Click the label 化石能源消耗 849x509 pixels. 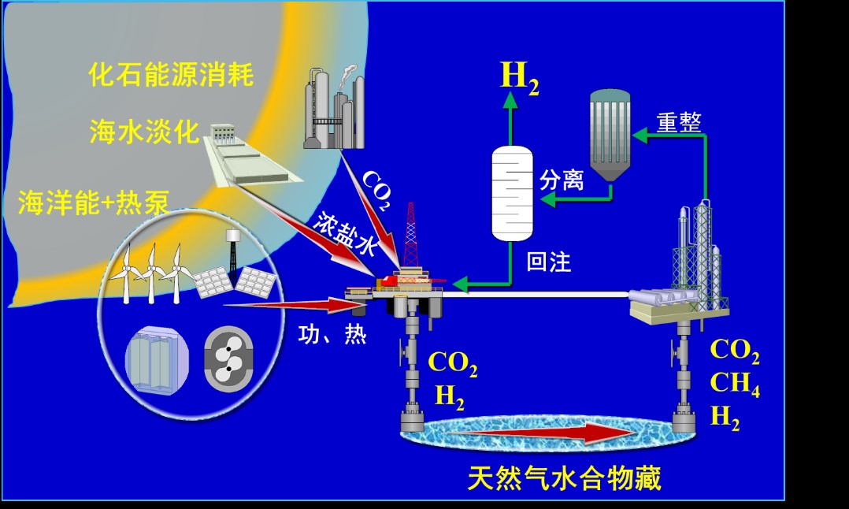[x=171, y=76]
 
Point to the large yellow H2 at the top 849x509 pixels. [x=520, y=76]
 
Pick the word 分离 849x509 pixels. [x=562, y=180]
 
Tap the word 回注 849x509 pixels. [x=549, y=262]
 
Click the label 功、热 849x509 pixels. [x=332, y=335]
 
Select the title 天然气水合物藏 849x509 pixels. [x=564, y=477]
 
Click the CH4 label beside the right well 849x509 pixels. [x=734, y=385]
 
